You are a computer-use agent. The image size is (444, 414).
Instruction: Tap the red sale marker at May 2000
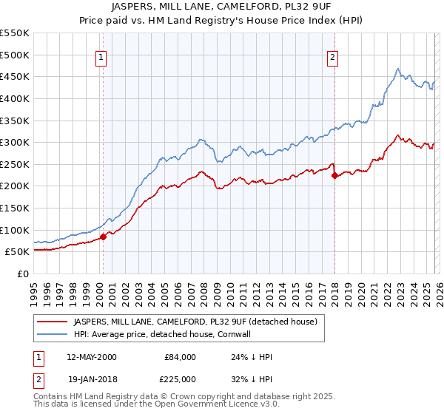pyautogui.click(x=104, y=237)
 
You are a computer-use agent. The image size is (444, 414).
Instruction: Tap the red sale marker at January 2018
pyautogui.click(x=334, y=175)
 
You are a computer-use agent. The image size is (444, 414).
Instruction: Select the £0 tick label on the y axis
pyautogui.click(x=23, y=274)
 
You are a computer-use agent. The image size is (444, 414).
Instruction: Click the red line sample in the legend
pyautogui.click(x=53, y=322)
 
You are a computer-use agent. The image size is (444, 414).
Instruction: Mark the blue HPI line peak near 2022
pyautogui.click(x=398, y=69)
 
